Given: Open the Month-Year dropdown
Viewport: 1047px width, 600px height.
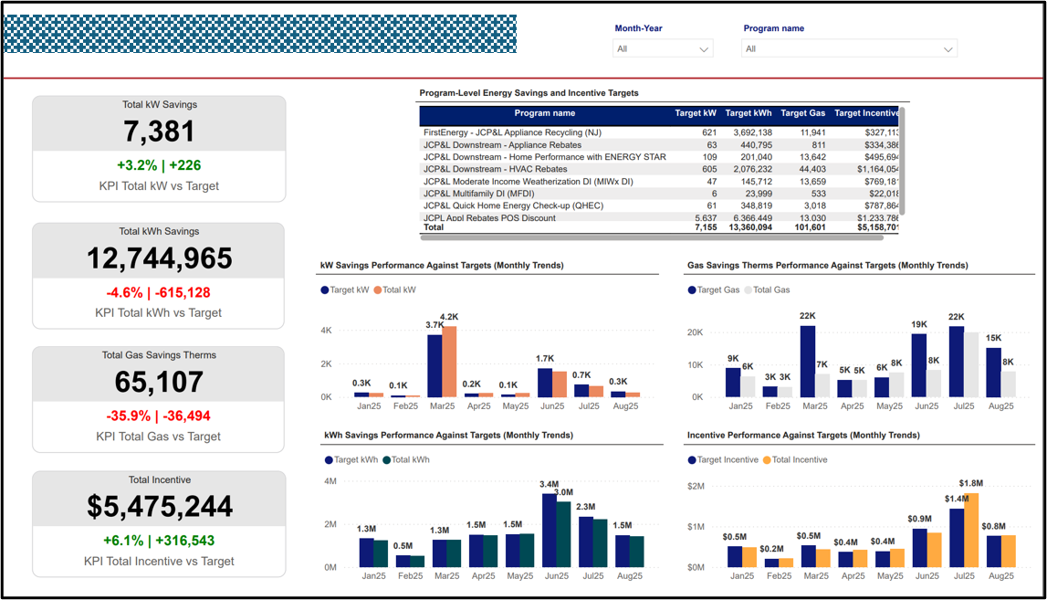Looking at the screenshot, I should [x=663, y=48].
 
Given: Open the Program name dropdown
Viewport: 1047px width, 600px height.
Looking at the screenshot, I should [x=849, y=48].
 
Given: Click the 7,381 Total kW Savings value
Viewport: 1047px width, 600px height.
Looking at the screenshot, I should [x=160, y=132].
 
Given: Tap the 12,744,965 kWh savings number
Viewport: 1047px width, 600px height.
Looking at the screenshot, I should [x=160, y=258].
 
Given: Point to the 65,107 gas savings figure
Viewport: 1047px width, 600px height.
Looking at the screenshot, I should [x=160, y=382].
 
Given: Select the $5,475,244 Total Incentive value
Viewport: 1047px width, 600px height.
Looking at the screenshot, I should [x=160, y=506].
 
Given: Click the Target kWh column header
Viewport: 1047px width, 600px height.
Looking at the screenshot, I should [x=748, y=114].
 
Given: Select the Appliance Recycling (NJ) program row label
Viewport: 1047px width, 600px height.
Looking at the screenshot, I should [x=512, y=133].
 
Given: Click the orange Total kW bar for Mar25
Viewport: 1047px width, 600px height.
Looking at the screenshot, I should [x=449, y=362].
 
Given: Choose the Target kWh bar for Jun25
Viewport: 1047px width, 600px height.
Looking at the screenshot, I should [x=550, y=531].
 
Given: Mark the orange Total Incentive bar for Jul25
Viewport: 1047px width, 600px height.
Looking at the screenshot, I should [x=971, y=530].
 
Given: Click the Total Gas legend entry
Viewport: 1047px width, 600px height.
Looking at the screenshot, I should [x=768, y=289].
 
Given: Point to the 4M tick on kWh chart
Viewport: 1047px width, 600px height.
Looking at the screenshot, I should [x=330, y=481].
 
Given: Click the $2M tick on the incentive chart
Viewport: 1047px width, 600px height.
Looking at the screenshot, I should [x=696, y=486].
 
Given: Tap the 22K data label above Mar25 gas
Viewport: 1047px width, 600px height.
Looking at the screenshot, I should [x=808, y=316].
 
